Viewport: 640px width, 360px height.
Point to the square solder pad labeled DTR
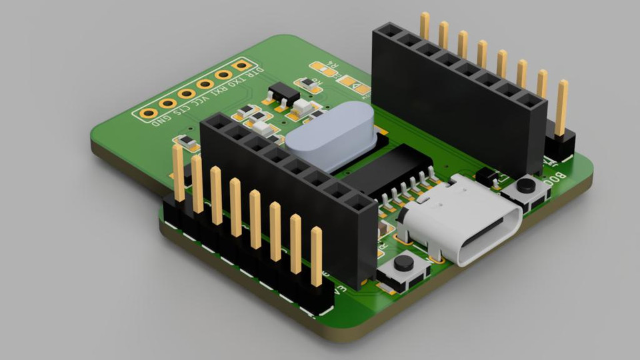click(x=242, y=66)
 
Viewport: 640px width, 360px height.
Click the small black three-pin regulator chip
click(x=283, y=93)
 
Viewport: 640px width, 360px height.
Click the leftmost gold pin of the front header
click(x=178, y=172)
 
